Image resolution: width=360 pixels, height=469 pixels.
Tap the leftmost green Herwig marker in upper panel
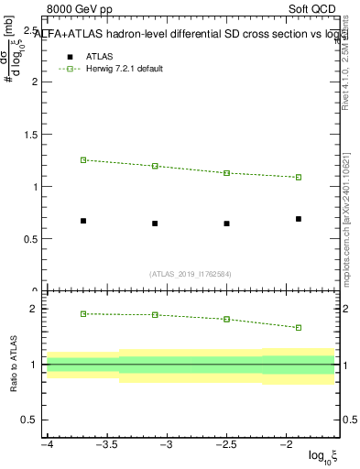(x=83, y=159)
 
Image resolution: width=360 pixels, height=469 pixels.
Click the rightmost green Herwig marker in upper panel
(x=299, y=177)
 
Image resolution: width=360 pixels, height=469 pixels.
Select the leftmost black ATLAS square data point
(x=83, y=221)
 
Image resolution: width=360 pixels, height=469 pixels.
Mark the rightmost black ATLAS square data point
(x=299, y=219)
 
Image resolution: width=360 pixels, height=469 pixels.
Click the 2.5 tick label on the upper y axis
(x=31, y=29)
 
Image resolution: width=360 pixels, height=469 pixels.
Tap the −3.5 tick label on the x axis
(x=107, y=444)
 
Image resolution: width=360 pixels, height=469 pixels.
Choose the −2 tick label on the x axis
(x=287, y=444)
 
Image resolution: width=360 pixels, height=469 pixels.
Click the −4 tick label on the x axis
(x=47, y=444)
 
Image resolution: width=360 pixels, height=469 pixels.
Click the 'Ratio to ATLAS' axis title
(x=14, y=365)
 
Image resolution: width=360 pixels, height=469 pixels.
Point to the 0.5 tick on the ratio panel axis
(x=31, y=420)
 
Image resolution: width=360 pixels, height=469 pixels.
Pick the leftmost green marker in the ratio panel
(x=83, y=313)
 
